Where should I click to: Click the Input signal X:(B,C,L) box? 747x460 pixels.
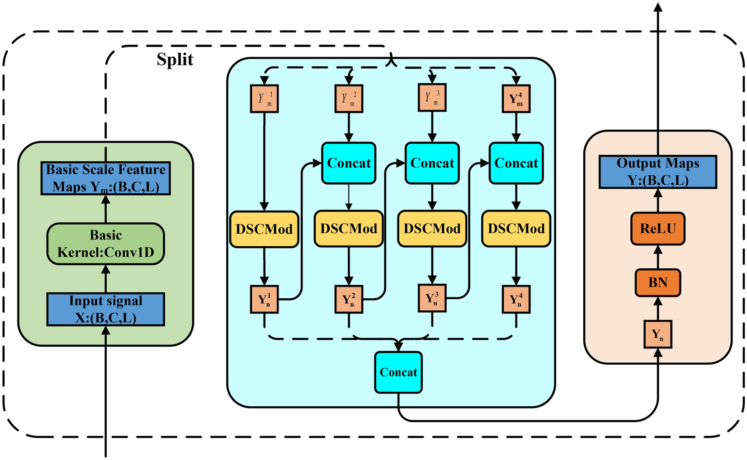(105, 310)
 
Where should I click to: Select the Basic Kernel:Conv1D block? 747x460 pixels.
(105, 244)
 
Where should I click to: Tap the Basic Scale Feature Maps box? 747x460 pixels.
(105, 178)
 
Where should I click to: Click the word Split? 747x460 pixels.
(175, 60)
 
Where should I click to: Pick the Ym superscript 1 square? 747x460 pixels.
(265, 99)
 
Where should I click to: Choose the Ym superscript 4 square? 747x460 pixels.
(516, 99)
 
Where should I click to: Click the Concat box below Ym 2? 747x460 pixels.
(349, 163)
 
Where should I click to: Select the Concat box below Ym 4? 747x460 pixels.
(516, 163)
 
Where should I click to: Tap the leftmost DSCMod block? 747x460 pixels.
(264, 229)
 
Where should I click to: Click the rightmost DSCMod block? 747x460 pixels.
(516, 229)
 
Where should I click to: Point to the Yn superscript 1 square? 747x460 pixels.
(265, 299)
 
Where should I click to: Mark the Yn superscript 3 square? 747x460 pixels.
(432, 298)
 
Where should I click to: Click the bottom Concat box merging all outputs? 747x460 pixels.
(398, 372)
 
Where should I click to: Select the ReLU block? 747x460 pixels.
(658, 229)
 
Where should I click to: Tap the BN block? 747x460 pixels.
(658, 283)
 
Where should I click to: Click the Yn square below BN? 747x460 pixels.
(658, 334)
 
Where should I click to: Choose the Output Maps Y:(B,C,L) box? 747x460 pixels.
(658, 172)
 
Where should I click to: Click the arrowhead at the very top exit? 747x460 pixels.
(658, 6)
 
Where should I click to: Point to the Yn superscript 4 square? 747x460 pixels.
(516, 299)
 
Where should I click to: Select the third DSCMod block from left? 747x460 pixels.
(432, 229)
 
